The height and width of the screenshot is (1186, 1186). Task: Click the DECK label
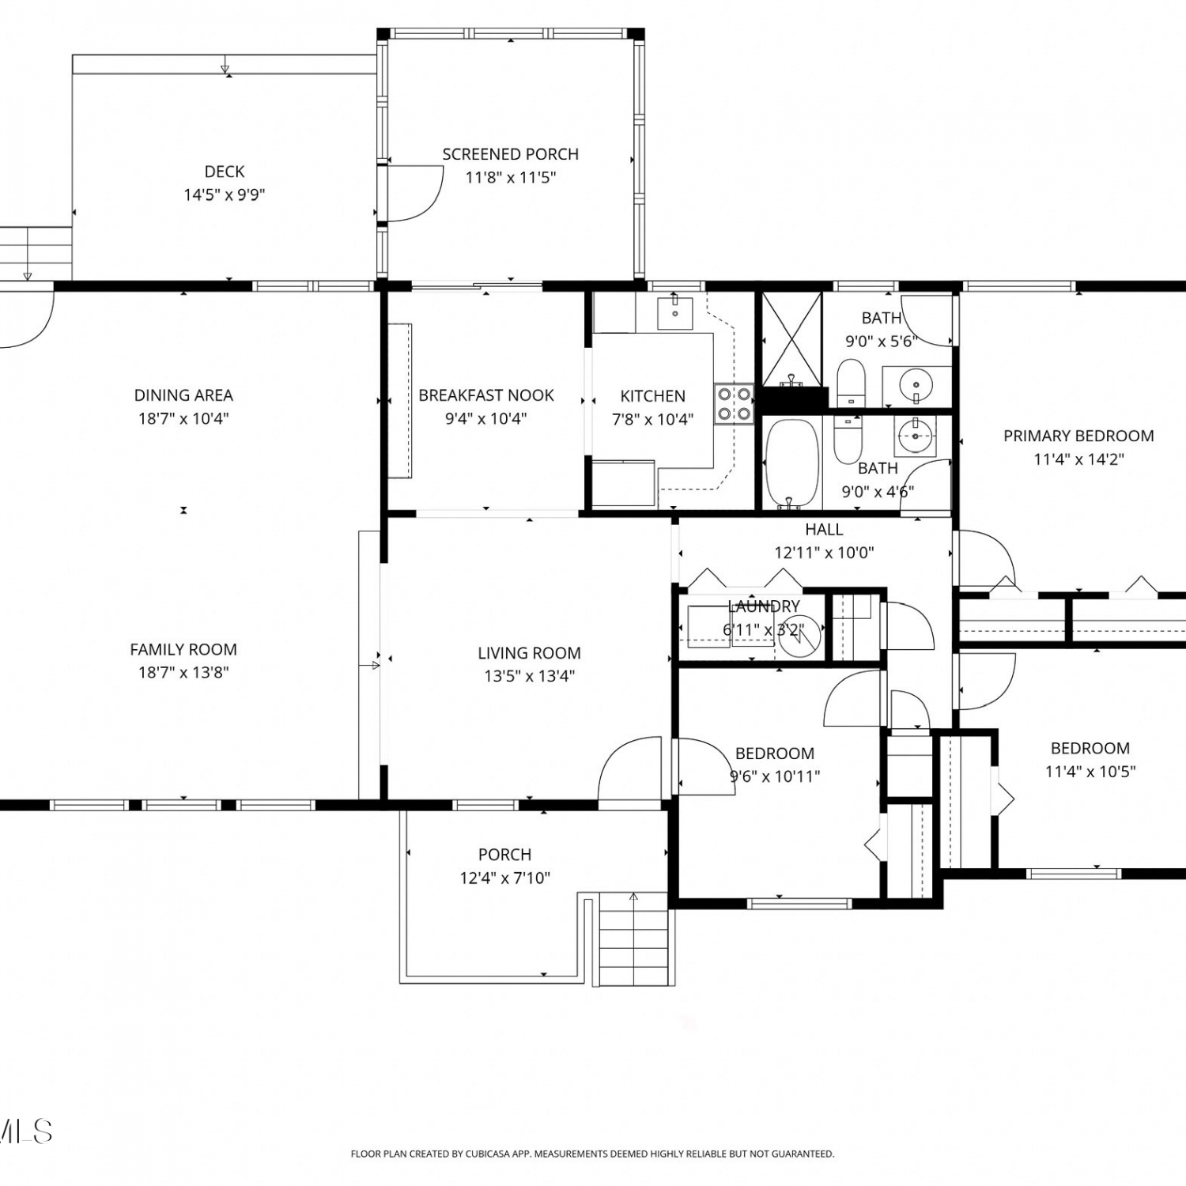coord(225,172)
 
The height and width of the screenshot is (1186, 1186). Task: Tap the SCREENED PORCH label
coord(510,154)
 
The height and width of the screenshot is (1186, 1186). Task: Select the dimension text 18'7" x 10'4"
coord(184,418)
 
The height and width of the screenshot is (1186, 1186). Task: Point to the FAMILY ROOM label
coord(183,649)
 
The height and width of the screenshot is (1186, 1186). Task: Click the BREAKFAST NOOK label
coord(486,395)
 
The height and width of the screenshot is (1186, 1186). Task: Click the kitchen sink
coord(675,313)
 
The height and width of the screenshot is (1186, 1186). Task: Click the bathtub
coord(792,463)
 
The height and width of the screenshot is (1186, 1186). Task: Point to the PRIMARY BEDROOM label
coord(1078,436)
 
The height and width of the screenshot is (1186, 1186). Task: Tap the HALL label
coord(824,530)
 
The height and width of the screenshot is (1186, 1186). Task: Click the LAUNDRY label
coord(764,606)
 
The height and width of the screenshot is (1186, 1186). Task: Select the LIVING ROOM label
coord(529,653)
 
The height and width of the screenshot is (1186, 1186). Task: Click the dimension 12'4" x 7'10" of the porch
coord(505,878)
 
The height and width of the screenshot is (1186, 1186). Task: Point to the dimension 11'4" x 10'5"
coord(1090,771)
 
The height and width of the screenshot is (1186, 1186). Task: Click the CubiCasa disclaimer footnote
coord(592,1154)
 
